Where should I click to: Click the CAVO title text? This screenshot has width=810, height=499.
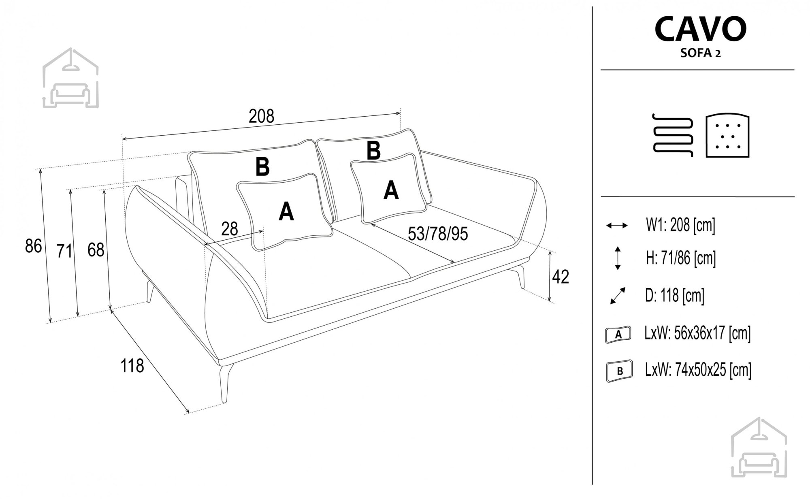(x=701, y=29)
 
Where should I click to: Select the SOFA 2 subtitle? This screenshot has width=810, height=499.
(x=701, y=53)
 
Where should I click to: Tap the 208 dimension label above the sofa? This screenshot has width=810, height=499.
(x=261, y=116)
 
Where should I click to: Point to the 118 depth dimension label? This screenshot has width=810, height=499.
(x=132, y=366)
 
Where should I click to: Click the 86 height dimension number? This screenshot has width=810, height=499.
(x=33, y=246)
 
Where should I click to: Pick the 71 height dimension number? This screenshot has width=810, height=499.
(x=64, y=251)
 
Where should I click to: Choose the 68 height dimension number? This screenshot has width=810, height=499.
(x=96, y=250)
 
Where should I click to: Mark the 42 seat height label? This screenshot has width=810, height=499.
(x=561, y=277)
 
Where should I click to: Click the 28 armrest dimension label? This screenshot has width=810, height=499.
(x=230, y=229)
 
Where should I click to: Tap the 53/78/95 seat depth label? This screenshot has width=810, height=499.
(x=438, y=234)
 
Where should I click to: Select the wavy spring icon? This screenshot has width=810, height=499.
(x=673, y=135)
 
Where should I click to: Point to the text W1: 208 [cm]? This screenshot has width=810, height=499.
(x=680, y=225)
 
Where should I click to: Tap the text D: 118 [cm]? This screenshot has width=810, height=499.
(x=675, y=296)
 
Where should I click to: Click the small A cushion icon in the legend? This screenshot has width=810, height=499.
(x=618, y=335)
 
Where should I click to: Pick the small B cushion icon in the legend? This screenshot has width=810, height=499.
(x=620, y=370)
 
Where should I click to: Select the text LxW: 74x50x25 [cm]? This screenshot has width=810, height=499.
(x=698, y=370)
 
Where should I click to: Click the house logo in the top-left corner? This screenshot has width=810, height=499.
(x=70, y=78)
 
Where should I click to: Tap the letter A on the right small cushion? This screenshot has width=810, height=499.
(x=391, y=190)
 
